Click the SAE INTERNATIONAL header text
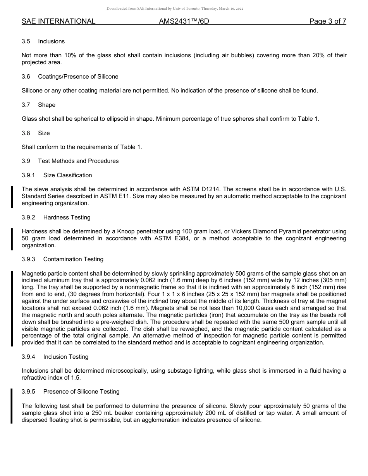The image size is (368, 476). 58,21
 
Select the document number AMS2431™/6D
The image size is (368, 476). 184,21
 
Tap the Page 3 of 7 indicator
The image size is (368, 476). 327,21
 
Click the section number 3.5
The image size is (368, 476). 26,41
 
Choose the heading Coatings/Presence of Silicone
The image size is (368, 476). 78,77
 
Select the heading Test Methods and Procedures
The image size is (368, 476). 78,161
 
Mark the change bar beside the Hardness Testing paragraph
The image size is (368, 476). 12,238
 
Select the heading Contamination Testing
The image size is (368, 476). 73,259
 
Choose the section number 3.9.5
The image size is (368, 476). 29,392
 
